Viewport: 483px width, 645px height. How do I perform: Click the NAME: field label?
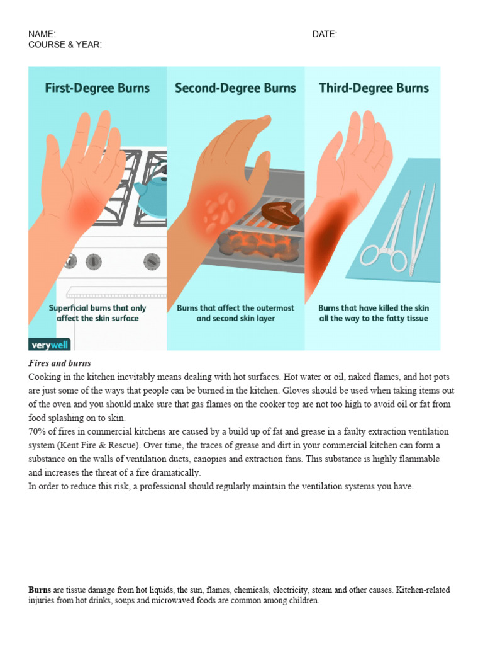42,34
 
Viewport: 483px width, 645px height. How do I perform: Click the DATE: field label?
325,34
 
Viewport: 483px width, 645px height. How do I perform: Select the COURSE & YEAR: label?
65,45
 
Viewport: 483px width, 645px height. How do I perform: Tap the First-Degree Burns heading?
97,88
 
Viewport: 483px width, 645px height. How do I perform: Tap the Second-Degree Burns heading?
235,88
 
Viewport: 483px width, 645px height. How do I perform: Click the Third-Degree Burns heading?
374,88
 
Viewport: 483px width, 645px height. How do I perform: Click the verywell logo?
49,344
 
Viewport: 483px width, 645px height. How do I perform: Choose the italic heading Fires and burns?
60,363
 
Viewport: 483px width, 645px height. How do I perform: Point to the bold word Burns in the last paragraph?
40,590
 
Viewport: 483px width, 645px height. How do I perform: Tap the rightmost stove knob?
152,261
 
